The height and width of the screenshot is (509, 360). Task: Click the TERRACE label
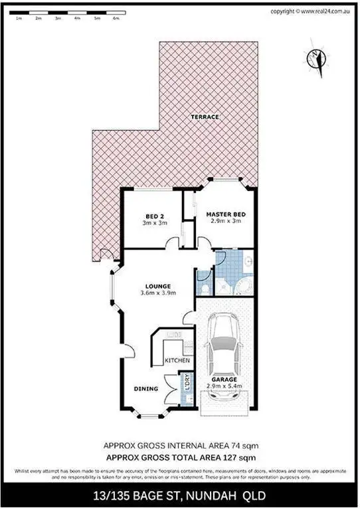[205, 117]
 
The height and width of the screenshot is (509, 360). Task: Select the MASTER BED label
[225, 214]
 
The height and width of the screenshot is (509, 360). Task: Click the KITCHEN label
[177, 360]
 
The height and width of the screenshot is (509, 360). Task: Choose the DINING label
[145, 389]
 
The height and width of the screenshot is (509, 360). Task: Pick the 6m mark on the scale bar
[116, 19]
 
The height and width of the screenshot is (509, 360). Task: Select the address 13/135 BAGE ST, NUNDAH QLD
[180, 494]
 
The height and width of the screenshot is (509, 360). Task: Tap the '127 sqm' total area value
[240, 457]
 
